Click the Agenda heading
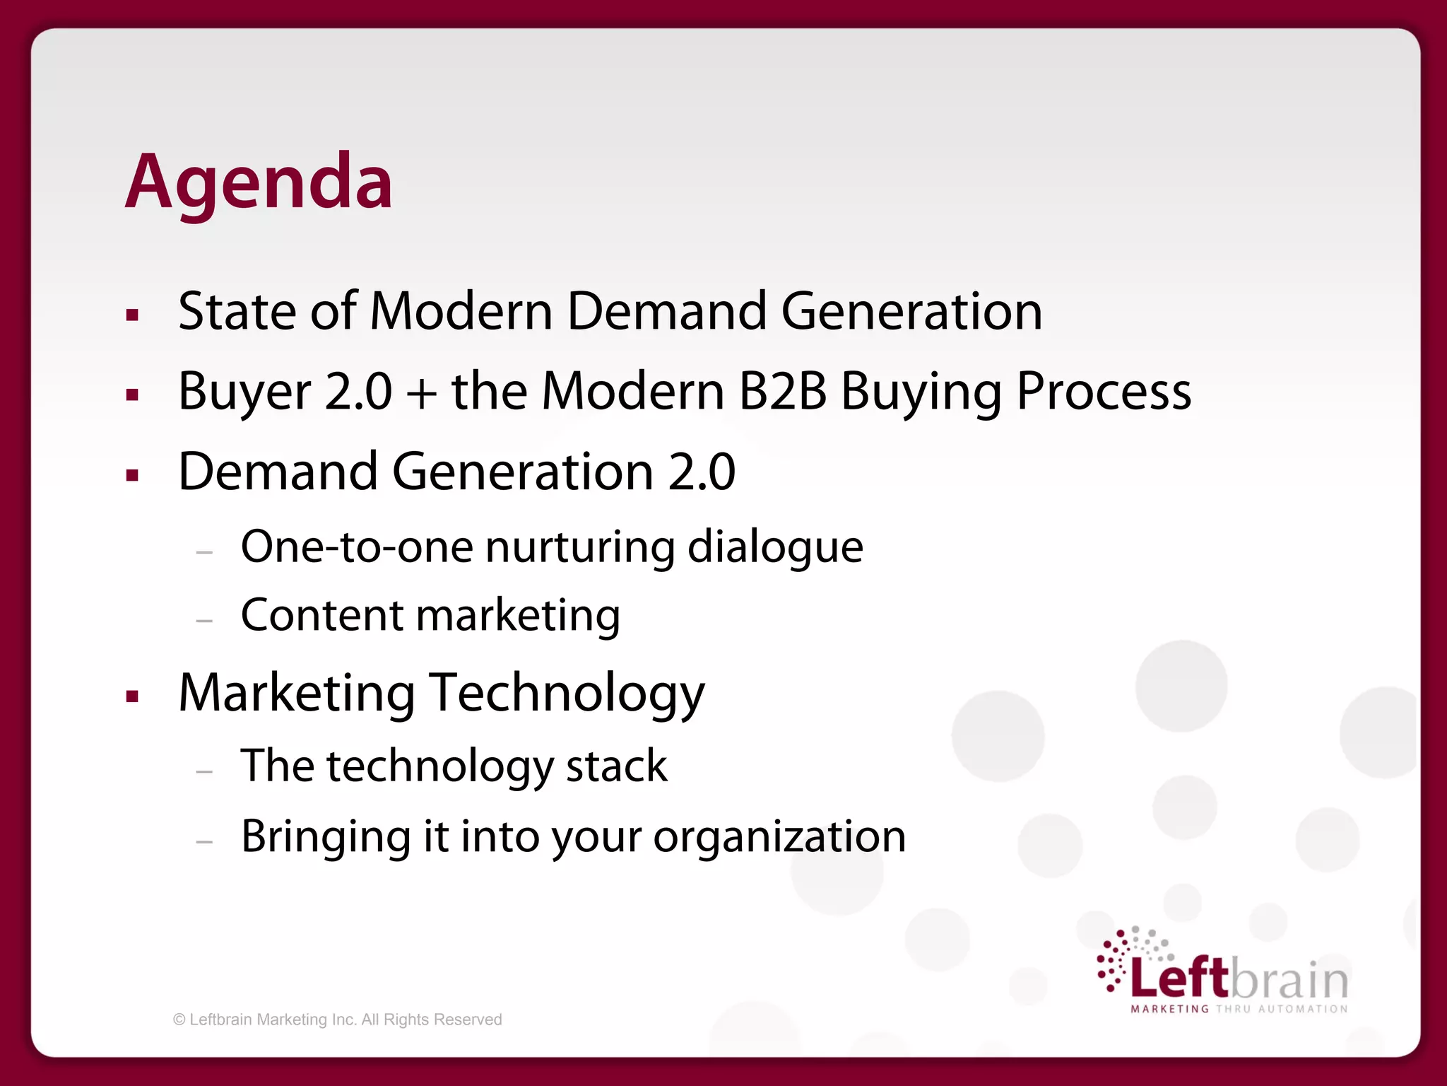click(x=259, y=182)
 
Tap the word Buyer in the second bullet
click(x=244, y=392)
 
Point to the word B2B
click(x=782, y=392)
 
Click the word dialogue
click(x=775, y=548)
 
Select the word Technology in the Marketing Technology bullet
click(x=567, y=693)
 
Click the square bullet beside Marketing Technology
click(x=132, y=697)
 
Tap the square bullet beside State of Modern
click(x=132, y=315)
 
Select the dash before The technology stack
click(x=204, y=772)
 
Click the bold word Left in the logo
click(x=1180, y=979)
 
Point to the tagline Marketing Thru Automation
click(x=1239, y=1009)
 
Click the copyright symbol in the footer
click(x=179, y=1020)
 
